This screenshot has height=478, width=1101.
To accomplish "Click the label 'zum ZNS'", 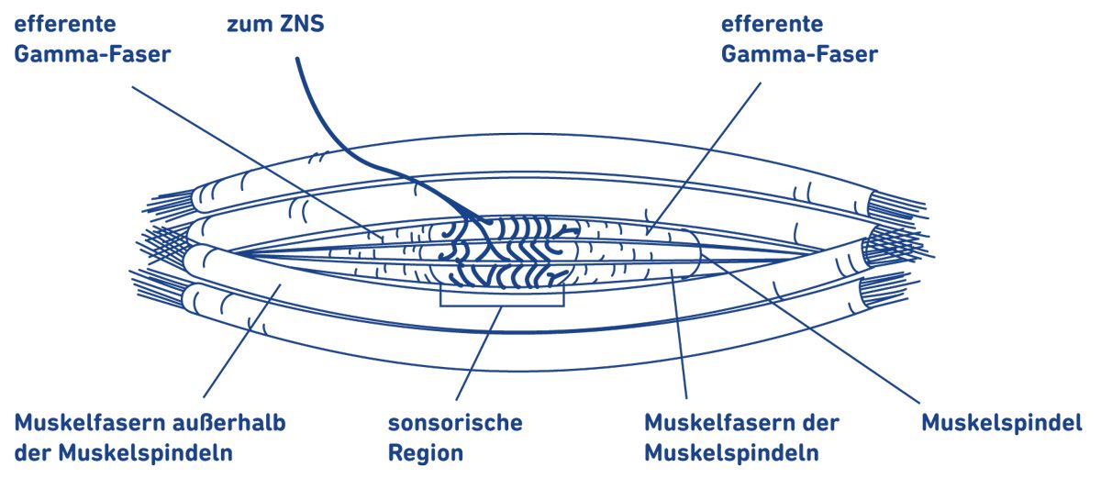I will pyautogui.click(x=275, y=24).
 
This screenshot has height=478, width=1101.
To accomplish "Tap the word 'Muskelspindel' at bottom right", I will pyautogui.click(x=1002, y=424).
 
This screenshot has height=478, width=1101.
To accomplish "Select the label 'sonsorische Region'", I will pyautogui.click(x=454, y=438).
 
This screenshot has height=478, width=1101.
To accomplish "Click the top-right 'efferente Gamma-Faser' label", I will pyautogui.click(x=798, y=39).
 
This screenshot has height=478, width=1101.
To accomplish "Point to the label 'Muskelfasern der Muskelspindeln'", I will pyautogui.click(x=741, y=438).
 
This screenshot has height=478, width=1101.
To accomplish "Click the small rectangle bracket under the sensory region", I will pyautogui.click(x=502, y=297).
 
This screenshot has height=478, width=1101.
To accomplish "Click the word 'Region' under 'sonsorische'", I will pyautogui.click(x=426, y=453).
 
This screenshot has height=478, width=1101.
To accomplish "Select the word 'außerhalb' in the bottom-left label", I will pyautogui.click(x=232, y=424).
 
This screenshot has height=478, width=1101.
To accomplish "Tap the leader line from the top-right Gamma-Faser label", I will pyautogui.click(x=706, y=156).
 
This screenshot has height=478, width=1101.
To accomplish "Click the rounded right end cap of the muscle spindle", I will pyautogui.click(x=695, y=246).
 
